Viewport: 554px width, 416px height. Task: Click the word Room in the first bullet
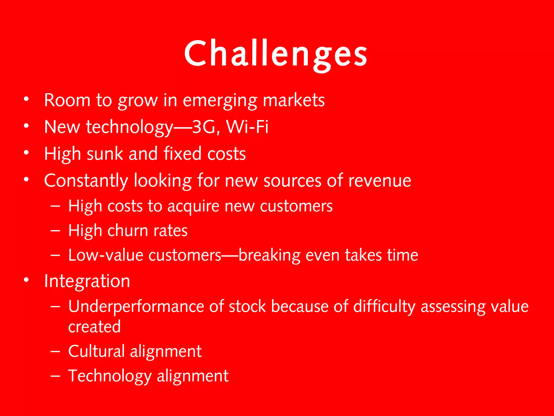(x=67, y=100)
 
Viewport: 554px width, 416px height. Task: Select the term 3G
(x=203, y=127)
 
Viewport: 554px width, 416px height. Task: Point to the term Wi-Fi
(x=247, y=127)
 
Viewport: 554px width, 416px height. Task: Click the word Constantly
(x=86, y=181)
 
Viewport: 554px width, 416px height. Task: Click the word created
(x=94, y=327)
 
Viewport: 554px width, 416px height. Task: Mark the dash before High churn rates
(x=55, y=231)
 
